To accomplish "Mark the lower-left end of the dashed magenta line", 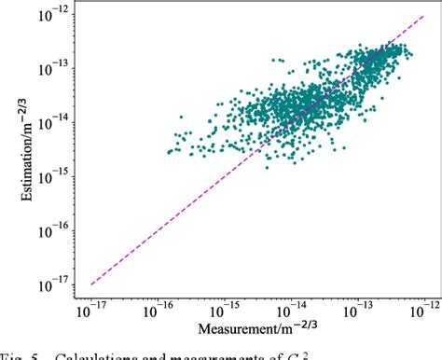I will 91,284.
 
